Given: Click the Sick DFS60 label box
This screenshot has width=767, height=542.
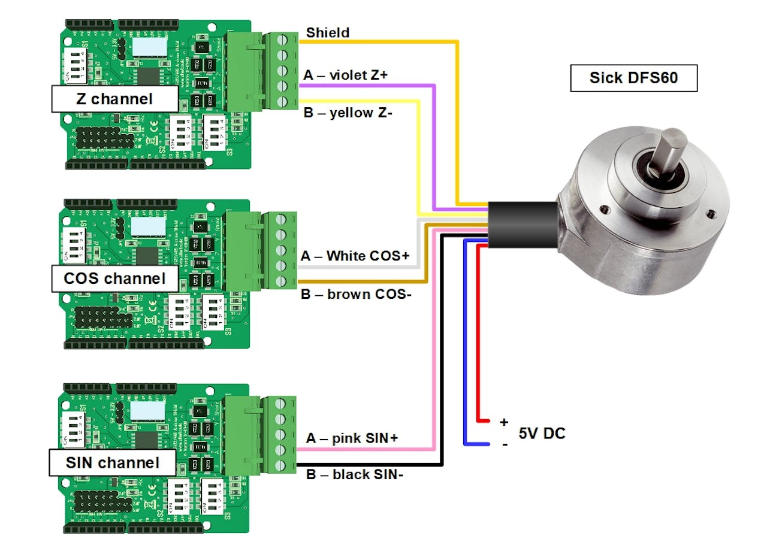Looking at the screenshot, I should pyautogui.click(x=633, y=78).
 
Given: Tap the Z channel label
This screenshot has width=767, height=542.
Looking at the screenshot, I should pyautogui.click(x=114, y=99).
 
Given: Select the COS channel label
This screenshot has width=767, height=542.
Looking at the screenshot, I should pyautogui.click(x=114, y=278).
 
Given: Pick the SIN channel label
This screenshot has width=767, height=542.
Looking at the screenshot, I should pyautogui.click(x=113, y=462).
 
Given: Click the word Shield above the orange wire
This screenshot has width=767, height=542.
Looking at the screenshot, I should pyautogui.click(x=327, y=32).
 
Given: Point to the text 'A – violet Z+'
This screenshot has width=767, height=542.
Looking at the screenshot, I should pyautogui.click(x=346, y=75).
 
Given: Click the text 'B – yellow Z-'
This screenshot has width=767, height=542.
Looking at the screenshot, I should pyautogui.click(x=348, y=113).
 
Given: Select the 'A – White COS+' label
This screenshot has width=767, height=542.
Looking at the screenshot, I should pyautogui.click(x=355, y=256).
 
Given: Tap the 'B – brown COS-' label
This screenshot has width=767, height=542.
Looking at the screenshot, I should pyautogui.click(x=356, y=294).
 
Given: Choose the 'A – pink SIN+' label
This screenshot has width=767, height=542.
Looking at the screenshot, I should pyautogui.click(x=352, y=438).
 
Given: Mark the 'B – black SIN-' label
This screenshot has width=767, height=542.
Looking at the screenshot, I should pyautogui.click(x=354, y=475).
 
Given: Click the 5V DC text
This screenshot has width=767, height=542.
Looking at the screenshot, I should pyautogui.click(x=541, y=433).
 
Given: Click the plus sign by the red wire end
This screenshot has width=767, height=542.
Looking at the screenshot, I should pyautogui.click(x=503, y=422).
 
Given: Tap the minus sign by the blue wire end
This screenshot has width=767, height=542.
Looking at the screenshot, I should pyautogui.click(x=504, y=444).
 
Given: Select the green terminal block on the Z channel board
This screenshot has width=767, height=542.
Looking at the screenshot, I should pyautogui.click(x=282, y=71).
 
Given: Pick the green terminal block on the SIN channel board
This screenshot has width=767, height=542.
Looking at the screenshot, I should pyautogui.click(x=282, y=434).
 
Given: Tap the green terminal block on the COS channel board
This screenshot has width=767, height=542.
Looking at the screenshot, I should pyautogui.click(x=282, y=250).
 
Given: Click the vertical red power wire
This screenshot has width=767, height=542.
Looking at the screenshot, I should pyautogui.click(x=478, y=335).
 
